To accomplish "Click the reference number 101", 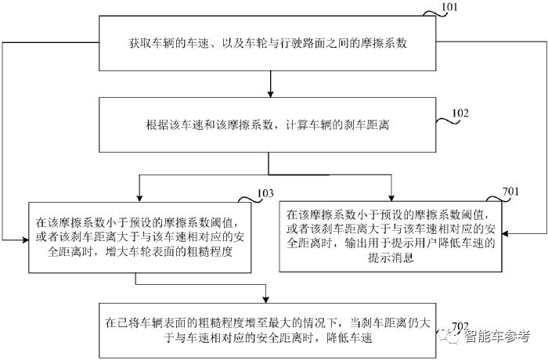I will (451, 9).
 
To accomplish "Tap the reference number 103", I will (265, 193).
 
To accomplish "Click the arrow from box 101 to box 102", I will (269, 83).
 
